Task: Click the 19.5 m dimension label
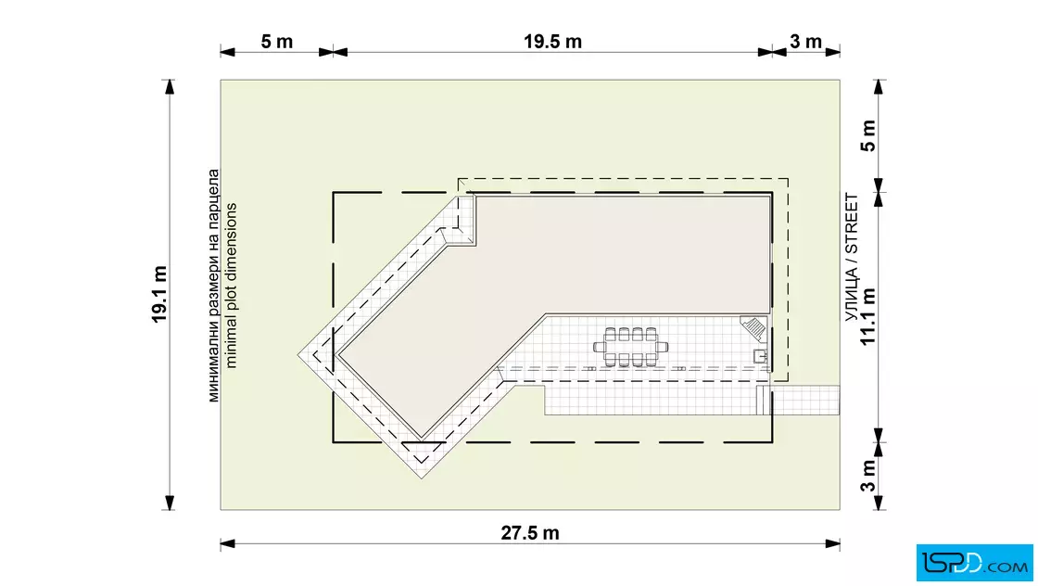pyautogui.click(x=552, y=42)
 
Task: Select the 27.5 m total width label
pyautogui.click(x=529, y=533)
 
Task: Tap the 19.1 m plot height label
pyautogui.click(x=159, y=295)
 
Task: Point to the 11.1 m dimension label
pyautogui.click(x=867, y=316)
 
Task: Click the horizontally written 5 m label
pyautogui.click(x=277, y=42)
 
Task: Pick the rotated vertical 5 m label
pyautogui.click(x=867, y=135)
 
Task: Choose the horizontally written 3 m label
pyautogui.click(x=805, y=42)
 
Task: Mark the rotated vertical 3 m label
pyautogui.click(x=867, y=476)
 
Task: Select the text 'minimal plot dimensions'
pyautogui.click(x=231, y=286)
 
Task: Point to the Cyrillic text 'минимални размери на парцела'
pyautogui.click(x=213, y=286)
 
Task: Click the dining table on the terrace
pyautogui.click(x=630, y=347)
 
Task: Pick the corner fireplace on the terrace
pyautogui.click(x=754, y=327)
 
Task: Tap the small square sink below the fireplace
pyautogui.click(x=761, y=356)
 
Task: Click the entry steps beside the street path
pyautogui.click(x=764, y=400)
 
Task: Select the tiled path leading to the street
pyautogui.click(x=805, y=400)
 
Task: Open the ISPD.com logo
pyautogui.click(x=974, y=563)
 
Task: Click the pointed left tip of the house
pyautogui.click(x=297, y=355)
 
